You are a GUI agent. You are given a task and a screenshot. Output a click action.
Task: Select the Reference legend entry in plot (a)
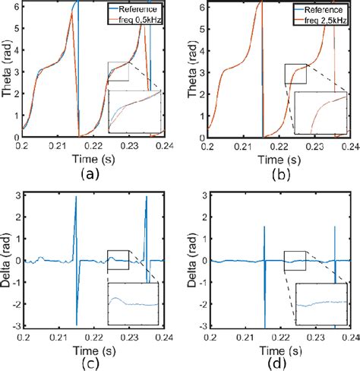(x=137, y=8)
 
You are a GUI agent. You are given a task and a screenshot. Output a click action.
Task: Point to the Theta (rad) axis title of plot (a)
(x=7, y=70)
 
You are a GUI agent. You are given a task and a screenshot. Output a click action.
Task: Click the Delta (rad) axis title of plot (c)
(x=7, y=260)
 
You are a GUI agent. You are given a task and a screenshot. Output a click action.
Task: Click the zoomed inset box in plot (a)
(x=134, y=111)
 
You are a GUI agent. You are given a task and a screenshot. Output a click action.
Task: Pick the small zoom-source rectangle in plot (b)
(x=295, y=73)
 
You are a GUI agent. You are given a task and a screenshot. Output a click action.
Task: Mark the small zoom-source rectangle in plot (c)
(x=118, y=259)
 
